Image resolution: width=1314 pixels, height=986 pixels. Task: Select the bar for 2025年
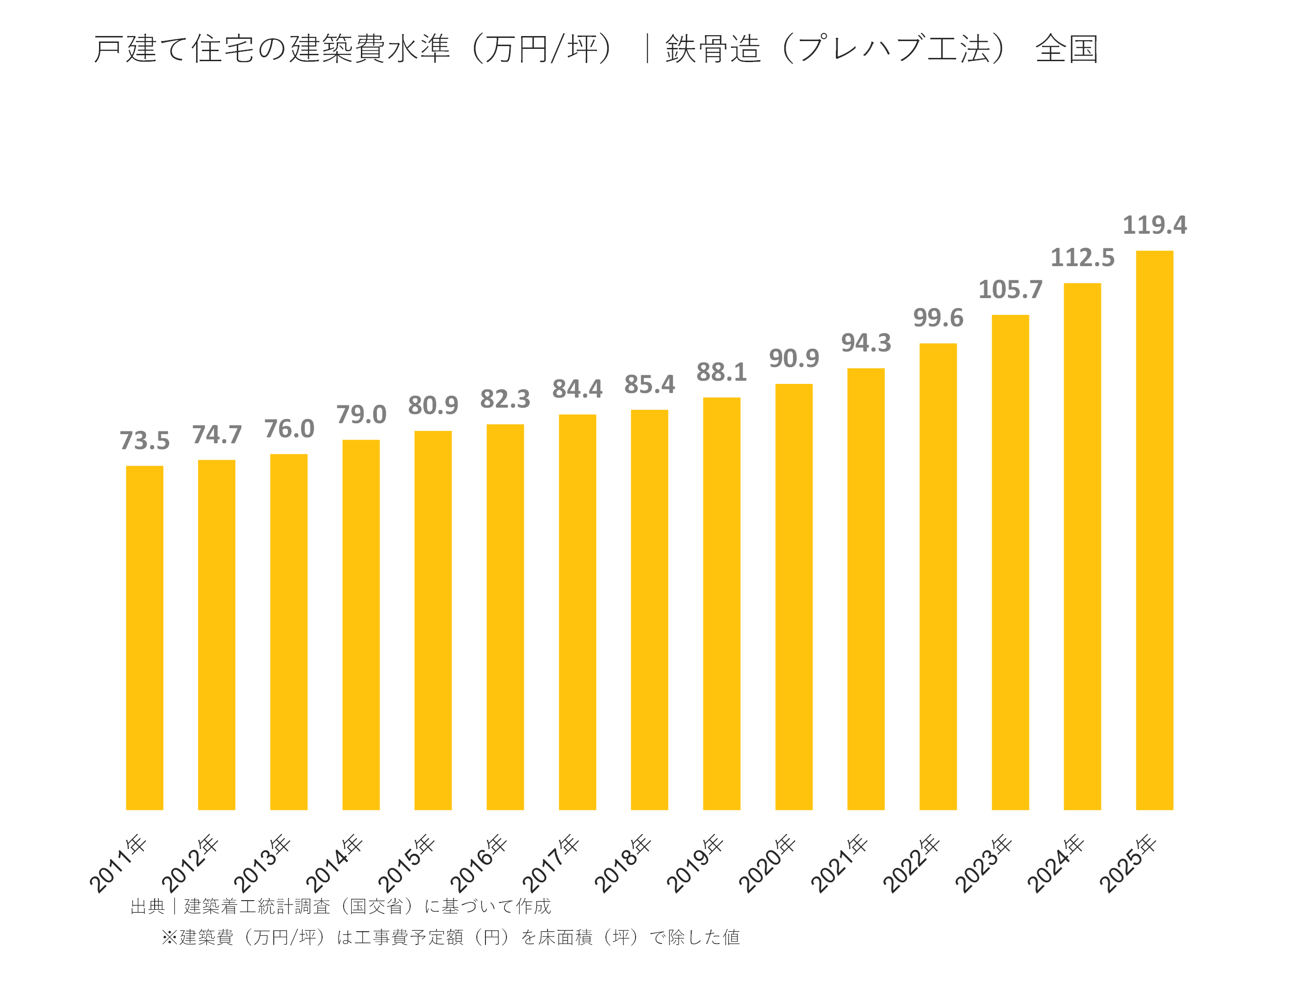(1154, 530)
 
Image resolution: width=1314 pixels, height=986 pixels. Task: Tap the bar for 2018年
(649, 609)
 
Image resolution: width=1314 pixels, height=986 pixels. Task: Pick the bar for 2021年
(866, 588)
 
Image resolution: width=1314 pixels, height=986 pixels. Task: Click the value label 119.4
(1154, 225)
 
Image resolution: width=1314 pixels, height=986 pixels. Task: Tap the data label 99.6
(938, 318)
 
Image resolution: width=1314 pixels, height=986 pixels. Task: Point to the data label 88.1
(721, 372)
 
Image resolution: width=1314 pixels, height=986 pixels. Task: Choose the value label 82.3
(505, 399)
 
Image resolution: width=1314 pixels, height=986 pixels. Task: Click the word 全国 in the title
(1066, 49)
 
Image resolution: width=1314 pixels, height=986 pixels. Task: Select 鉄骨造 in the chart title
(713, 49)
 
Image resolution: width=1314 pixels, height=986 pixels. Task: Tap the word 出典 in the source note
(147, 907)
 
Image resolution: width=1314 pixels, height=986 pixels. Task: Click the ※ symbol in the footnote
(170, 937)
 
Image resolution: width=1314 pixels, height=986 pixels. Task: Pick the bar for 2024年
(1082, 546)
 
